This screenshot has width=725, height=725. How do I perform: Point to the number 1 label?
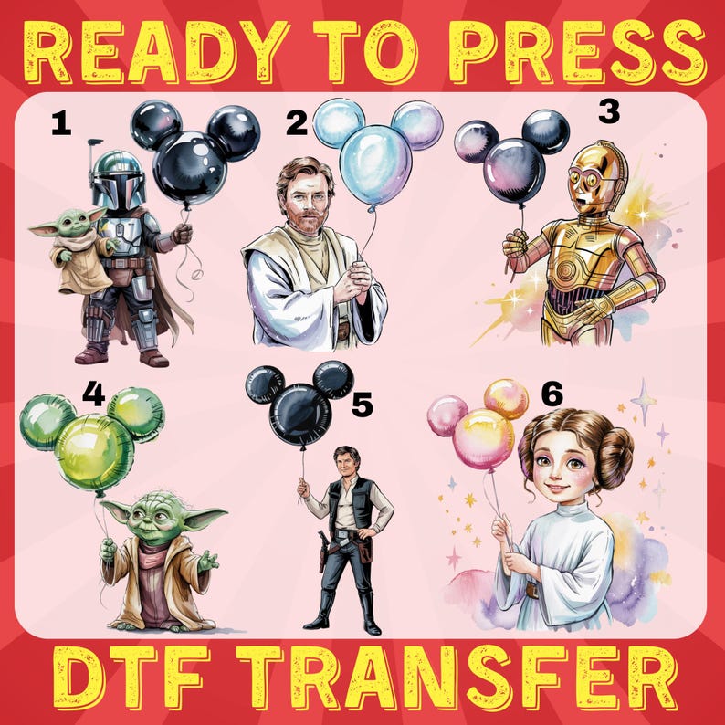click(60, 123)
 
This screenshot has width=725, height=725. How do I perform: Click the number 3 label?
click(608, 112)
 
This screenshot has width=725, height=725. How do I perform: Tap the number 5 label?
click(362, 404)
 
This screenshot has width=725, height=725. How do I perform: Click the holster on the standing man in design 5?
click(322, 549)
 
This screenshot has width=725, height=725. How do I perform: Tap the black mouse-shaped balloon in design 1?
click(192, 155)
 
